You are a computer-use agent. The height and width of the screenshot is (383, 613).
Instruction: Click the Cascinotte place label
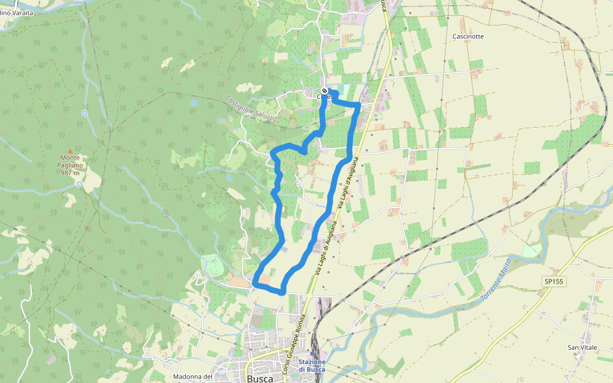tap(468, 36)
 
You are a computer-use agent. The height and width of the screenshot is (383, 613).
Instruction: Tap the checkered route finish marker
tap(324, 91)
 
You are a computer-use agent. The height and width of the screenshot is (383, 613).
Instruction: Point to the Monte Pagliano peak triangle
tap(70, 151)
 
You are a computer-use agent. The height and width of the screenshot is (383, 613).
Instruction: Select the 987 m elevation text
tap(70, 172)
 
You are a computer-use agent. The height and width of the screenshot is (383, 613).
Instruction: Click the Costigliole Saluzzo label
tap(252, 109)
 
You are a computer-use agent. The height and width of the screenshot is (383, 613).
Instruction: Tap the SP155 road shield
tap(555, 282)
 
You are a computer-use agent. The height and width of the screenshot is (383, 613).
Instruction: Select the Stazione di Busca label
tap(312, 366)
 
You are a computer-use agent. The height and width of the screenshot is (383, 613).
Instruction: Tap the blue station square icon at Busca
tap(312, 352)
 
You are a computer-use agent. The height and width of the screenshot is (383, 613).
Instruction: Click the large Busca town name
tap(260, 378)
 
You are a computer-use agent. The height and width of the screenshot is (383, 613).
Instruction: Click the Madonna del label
tap(192, 377)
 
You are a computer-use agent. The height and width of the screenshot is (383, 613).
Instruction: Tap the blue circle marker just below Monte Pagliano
tap(79, 184)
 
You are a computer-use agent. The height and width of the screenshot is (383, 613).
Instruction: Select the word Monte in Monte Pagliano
tap(70, 158)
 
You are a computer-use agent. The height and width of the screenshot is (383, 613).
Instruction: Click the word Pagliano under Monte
tap(70, 165)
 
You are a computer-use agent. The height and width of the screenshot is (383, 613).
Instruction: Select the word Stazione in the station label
tap(312, 362)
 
